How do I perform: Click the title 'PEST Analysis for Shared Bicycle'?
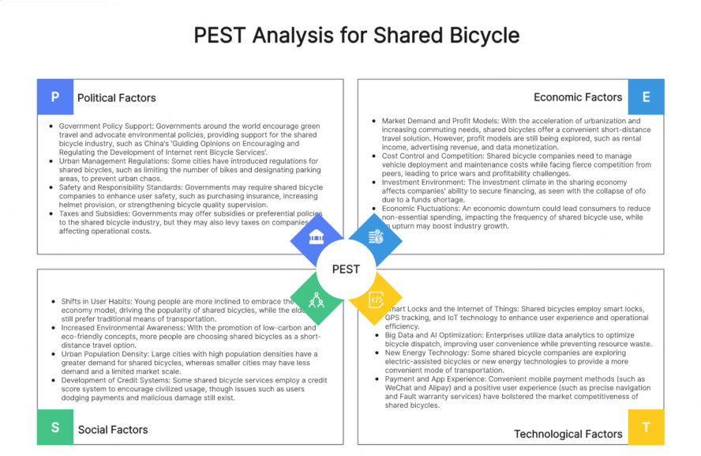[x=356, y=36]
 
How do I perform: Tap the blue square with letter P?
[x=54, y=97]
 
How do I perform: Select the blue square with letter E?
[x=646, y=97]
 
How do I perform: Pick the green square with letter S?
[x=55, y=428]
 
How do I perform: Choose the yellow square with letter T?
[x=646, y=428]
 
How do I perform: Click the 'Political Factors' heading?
[x=117, y=98]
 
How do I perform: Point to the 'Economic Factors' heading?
[x=578, y=97]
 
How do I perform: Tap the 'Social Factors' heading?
[x=113, y=430]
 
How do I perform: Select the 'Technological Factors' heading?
[x=568, y=434]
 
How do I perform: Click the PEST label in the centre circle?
[x=346, y=269]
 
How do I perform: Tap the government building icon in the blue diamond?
[x=317, y=238]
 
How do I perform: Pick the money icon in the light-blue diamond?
[x=376, y=237]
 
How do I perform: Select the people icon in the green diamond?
[x=317, y=299]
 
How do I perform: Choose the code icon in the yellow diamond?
[x=376, y=300]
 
